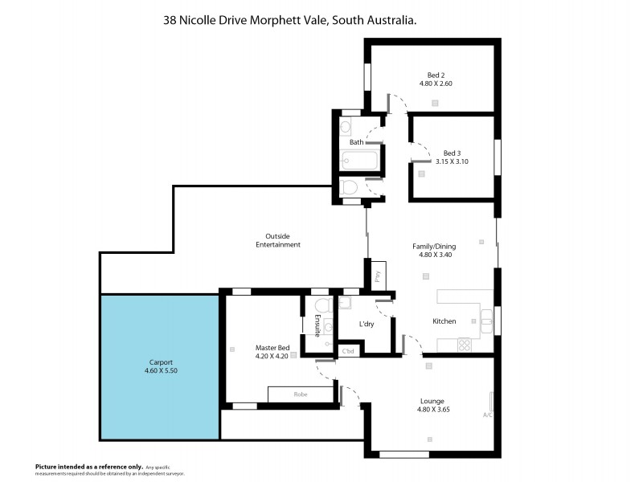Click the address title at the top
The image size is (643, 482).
coord(289,22)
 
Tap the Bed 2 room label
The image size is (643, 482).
coord(436,74)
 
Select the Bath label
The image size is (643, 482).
coord(355,142)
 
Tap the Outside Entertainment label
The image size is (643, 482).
coord(277,240)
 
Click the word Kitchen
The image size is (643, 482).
coord(444,321)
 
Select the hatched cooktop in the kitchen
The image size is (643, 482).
coord(465,344)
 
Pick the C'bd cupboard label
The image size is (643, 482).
coord(349,351)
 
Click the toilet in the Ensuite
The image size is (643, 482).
coord(322,306)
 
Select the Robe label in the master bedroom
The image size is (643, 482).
coord(301,394)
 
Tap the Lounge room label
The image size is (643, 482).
coord(432,401)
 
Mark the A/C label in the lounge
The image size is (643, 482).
coord(487,415)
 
